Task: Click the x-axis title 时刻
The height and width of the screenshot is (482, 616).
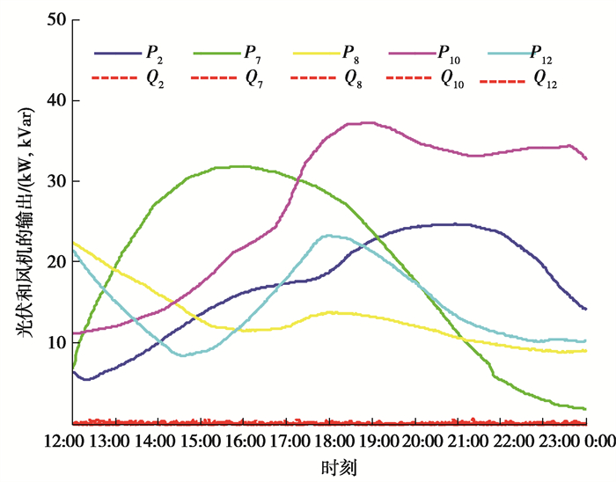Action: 339,464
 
